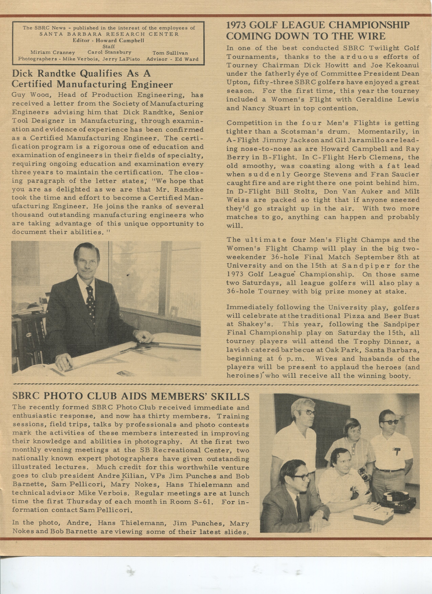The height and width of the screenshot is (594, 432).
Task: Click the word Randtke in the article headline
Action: click(58, 74)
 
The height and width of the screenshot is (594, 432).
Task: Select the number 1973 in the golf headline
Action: click(238, 25)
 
